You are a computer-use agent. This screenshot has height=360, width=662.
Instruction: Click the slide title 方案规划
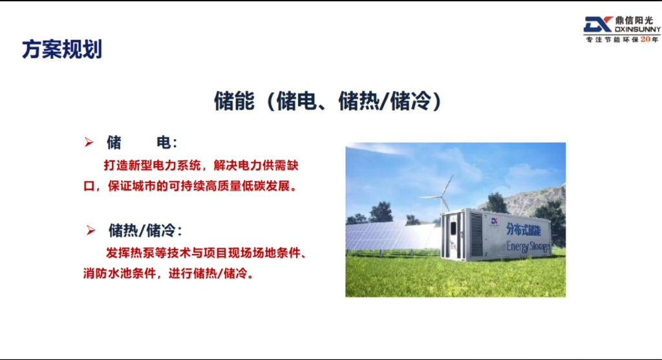coord(62,50)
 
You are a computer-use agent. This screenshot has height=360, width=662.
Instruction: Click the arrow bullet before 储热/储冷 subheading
coord(91,230)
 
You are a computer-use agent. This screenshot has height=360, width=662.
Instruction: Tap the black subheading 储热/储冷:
coord(145,231)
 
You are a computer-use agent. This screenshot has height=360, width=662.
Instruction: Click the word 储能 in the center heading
coord(233,101)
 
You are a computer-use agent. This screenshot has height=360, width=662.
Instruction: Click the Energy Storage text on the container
coord(528,246)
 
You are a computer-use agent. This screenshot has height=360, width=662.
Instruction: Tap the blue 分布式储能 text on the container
coord(528,229)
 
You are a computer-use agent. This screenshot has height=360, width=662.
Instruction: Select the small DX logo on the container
coord(495,220)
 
